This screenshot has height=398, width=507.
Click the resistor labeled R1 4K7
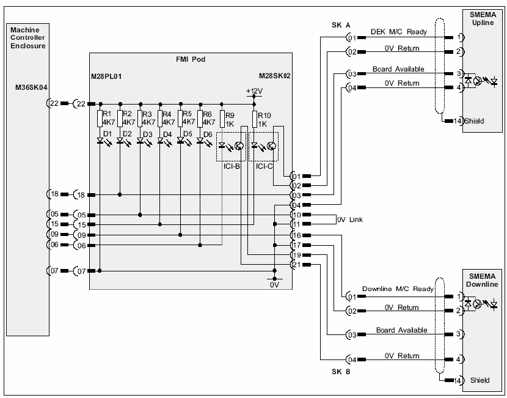click(100, 117)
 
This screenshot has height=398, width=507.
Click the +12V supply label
click(253, 91)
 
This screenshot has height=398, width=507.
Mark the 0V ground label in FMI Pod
click(274, 284)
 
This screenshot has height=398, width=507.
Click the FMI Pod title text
click(189, 60)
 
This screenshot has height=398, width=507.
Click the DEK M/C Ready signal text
click(399, 32)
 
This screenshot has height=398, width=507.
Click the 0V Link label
click(349, 219)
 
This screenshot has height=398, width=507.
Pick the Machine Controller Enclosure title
click(28, 37)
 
